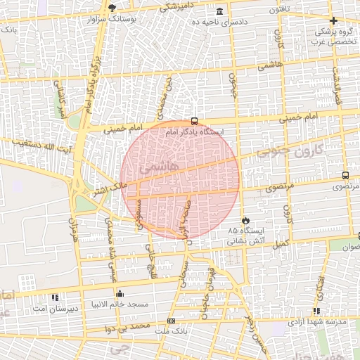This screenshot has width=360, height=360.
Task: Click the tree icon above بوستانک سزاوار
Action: click(112, 7)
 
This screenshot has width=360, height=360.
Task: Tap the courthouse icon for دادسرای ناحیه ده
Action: click(220, 11)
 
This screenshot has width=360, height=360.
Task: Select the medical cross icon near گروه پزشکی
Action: click(333, 20)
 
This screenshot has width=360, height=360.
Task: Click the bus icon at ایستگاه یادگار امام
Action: click(194, 120)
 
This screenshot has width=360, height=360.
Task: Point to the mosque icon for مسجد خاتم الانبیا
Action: click(120, 294)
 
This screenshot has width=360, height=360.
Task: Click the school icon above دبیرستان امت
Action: click(55, 297)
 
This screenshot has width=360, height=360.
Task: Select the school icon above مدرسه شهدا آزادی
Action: click(316, 311)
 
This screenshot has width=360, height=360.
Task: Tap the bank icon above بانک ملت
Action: click(171, 321)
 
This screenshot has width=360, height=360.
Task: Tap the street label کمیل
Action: click(282, 243)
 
